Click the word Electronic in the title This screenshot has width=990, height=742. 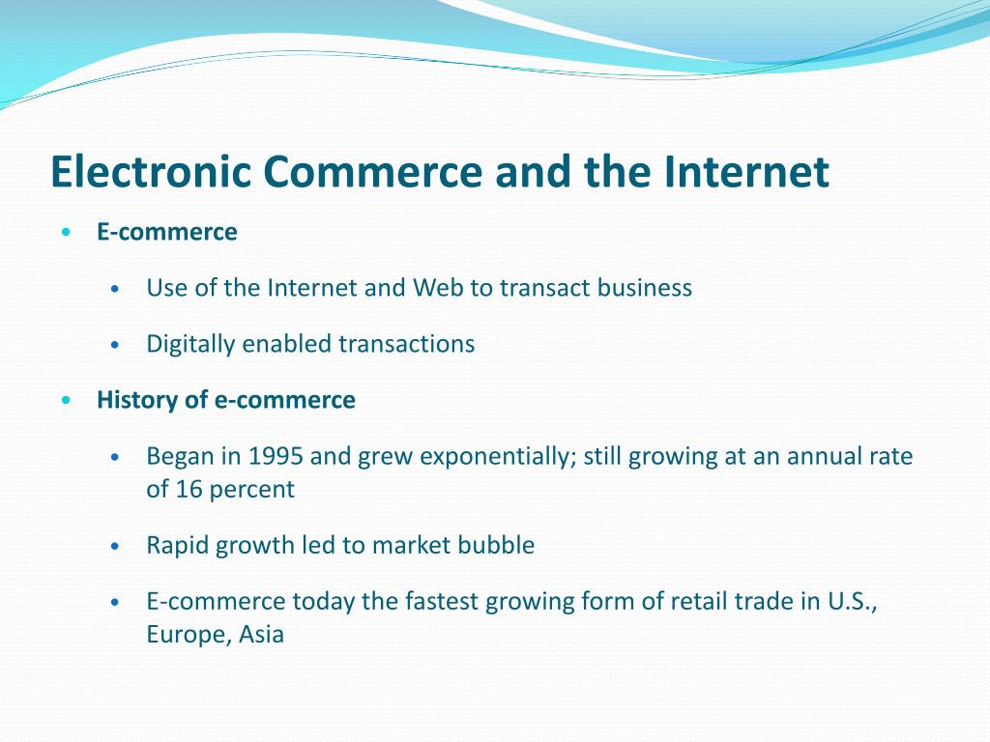(151, 171)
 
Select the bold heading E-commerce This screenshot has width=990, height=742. (166, 232)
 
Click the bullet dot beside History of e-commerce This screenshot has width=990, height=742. (67, 400)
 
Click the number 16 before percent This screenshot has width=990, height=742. (189, 489)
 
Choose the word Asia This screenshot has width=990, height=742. (261, 634)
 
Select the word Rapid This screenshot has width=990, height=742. (178, 545)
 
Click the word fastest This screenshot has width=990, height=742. (442, 601)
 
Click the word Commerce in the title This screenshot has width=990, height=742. (372, 171)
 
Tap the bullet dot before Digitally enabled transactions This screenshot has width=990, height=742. (114, 345)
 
